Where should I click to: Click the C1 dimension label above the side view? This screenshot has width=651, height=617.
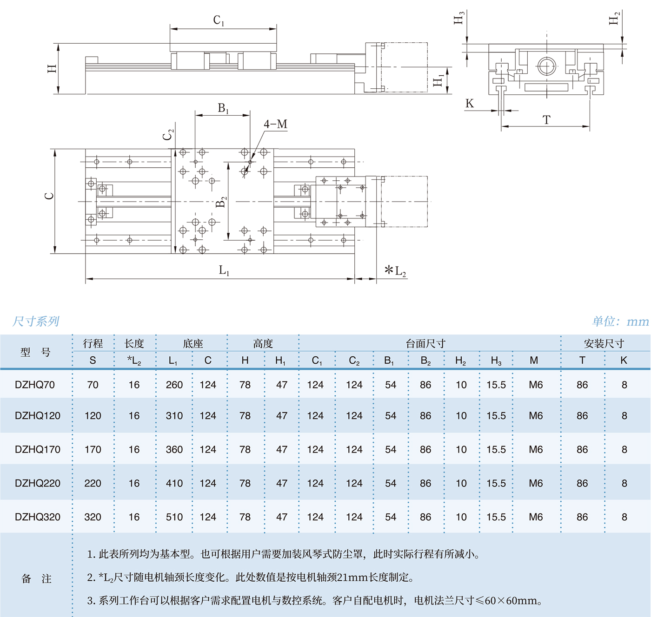(219, 20)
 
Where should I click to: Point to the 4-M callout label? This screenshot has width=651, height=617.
(275, 124)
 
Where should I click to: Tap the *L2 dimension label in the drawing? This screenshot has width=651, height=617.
(396, 270)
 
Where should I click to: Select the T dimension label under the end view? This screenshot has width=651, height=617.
(546, 120)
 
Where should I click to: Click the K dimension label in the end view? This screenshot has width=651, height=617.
(470, 104)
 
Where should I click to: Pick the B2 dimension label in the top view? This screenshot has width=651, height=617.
(221, 202)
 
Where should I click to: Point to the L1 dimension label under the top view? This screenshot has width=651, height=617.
(224, 270)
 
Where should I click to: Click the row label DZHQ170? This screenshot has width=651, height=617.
(38, 449)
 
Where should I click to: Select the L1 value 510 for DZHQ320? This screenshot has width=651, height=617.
(174, 517)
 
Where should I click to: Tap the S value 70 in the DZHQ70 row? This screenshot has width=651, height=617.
(93, 385)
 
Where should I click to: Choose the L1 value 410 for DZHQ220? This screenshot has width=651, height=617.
(174, 483)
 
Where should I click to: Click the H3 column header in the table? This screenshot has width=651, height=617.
(496, 361)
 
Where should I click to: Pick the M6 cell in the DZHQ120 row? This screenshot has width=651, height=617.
(536, 416)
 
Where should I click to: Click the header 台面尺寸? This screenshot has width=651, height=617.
(425, 343)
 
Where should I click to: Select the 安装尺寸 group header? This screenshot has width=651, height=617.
(604, 343)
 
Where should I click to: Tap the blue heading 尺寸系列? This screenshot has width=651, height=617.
(36, 321)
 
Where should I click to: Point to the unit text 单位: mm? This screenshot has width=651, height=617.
(620, 321)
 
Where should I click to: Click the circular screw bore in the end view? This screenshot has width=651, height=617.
(546, 66)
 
